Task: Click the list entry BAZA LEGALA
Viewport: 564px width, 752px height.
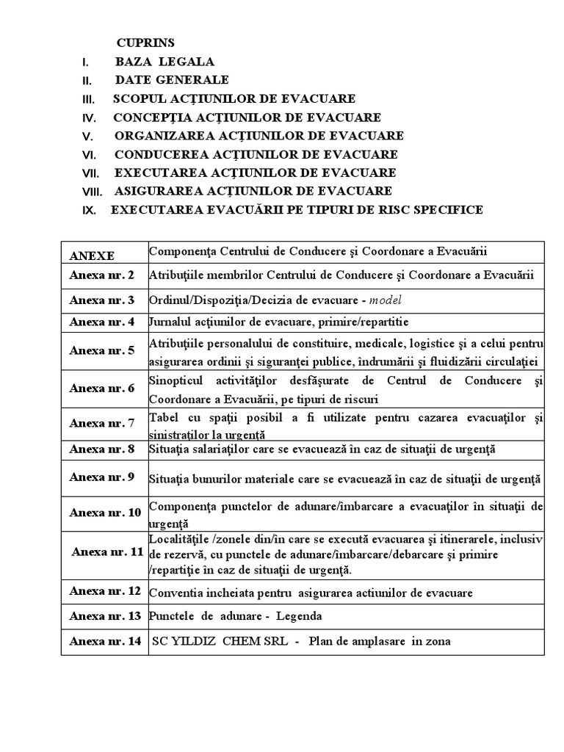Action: coord(164,62)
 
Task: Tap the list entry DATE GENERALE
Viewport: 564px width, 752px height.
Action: coord(172,80)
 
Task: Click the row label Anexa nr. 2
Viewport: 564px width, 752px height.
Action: coord(102,276)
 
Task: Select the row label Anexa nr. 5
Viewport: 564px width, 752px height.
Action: coord(102,350)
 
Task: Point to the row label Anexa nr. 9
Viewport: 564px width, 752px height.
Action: coord(102,477)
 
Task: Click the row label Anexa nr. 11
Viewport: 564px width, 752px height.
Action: coord(107,551)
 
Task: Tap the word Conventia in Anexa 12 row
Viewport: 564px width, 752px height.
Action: coord(174,593)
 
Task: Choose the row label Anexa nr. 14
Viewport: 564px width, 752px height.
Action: coord(105,641)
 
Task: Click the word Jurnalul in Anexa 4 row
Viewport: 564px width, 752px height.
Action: coord(171,322)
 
